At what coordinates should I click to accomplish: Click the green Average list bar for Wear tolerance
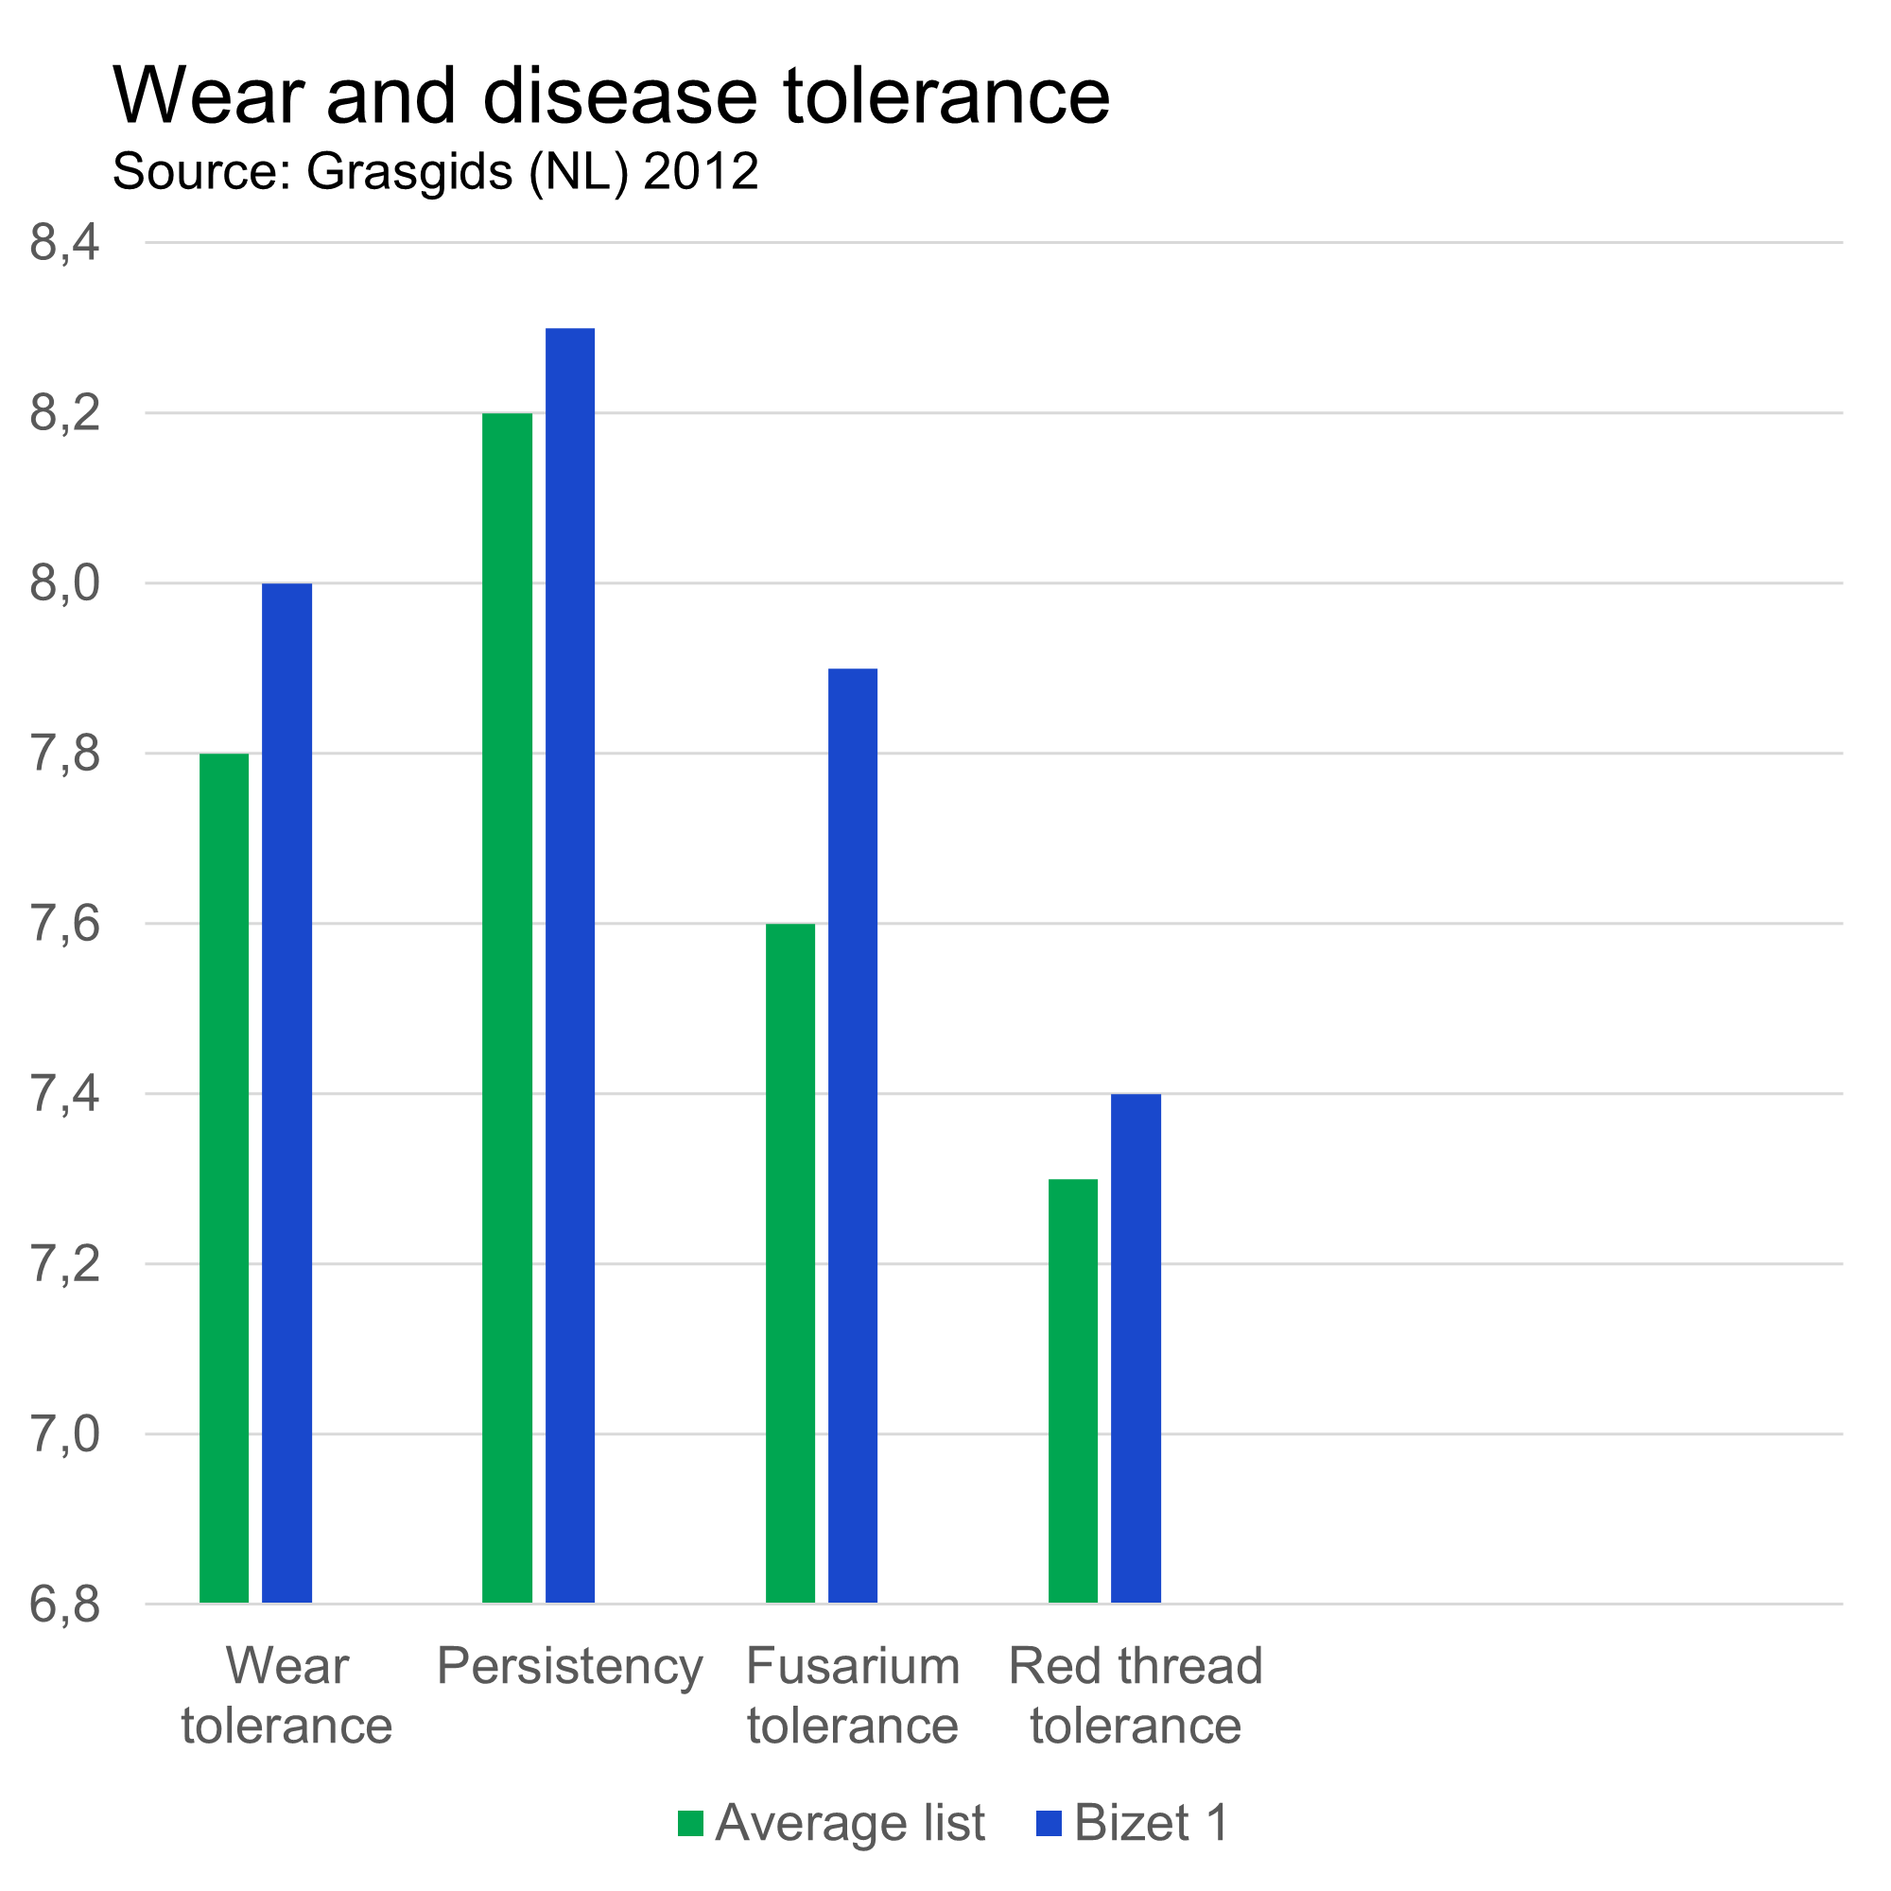click(224, 1177)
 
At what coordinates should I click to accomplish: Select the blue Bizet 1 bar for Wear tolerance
click(286, 1092)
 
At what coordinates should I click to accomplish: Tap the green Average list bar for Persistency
click(507, 1007)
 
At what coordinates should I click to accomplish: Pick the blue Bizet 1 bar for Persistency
click(569, 965)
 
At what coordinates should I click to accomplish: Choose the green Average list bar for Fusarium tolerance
click(789, 1262)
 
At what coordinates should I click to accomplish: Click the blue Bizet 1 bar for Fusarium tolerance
click(853, 1136)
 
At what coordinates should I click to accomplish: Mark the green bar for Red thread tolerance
click(1073, 1390)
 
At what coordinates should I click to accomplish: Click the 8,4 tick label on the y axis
click(64, 243)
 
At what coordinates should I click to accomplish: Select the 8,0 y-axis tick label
click(64, 583)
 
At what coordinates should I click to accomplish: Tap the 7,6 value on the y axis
click(64, 924)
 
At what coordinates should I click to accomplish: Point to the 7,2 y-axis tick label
click(64, 1264)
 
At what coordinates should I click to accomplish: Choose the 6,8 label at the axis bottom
click(64, 1605)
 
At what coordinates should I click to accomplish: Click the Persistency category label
click(569, 1667)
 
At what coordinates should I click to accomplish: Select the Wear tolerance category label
click(286, 1695)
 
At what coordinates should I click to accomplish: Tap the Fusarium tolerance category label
click(853, 1695)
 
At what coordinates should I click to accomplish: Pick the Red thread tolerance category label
click(1136, 1695)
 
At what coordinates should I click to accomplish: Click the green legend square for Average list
click(690, 1823)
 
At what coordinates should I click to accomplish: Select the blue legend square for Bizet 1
click(1049, 1823)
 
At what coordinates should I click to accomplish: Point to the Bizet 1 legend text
click(1150, 1823)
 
